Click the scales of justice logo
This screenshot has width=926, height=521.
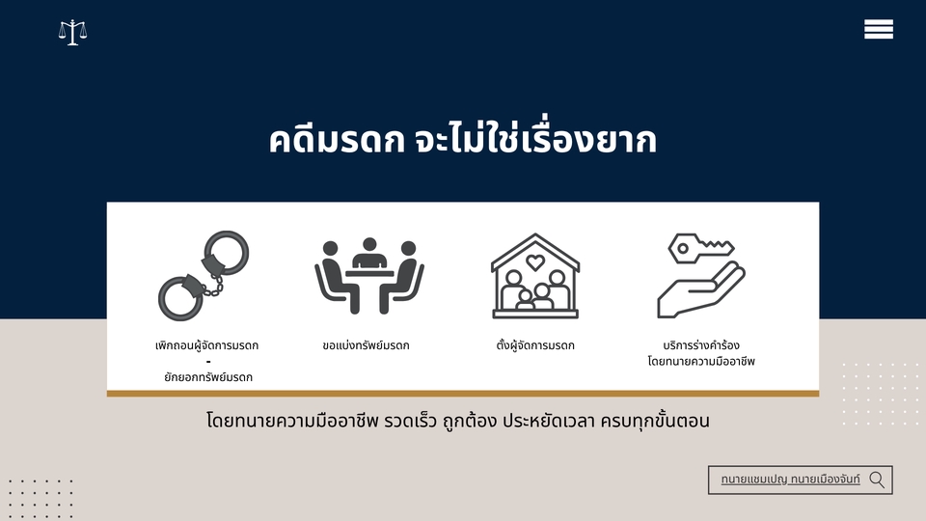pyautogui.click(x=72, y=33)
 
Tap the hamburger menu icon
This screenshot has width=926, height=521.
pyautogui.click(x=878, y=29)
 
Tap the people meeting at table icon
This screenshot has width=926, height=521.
pyautogui.click(x=369, y=276)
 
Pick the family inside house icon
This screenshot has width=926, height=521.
pyautogui.click(x=535, y=276)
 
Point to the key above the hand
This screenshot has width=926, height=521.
pyautogui.click(x=700, y=248)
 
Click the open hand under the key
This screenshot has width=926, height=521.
pyautogui.click(x=701, y=291)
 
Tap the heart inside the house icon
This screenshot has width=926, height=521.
pyautogui.click(x=535, y=261)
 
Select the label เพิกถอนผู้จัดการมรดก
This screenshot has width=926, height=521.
pyautogui.click(x=206, y=345)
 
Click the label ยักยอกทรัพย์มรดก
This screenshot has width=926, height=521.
pyautogui.click(x=208, y=377)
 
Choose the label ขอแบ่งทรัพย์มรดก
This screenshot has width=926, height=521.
pyautogui.click(x=367, y=345)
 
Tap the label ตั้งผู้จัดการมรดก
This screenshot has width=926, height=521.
pyautogui.click(x=535, y=345)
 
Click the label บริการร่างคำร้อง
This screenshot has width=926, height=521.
pyautogui.click(x=701, y=345)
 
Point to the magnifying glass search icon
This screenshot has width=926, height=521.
pyautogui.click(x=877, y=480)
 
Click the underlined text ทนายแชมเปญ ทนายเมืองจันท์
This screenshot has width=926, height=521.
pyautogui.click(x=790, y=480)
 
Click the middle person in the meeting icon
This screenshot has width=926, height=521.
pyautogui.click(x=369, y=255)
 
